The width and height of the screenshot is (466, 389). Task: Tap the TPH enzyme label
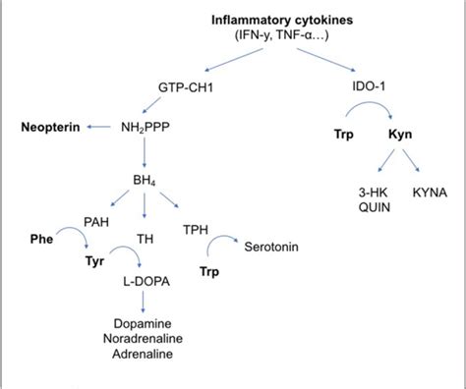[194, 228]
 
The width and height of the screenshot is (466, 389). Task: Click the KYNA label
[430, 192]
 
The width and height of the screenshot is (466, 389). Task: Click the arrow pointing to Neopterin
[98, 127]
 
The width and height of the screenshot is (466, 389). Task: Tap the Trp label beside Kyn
[333, 131]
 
